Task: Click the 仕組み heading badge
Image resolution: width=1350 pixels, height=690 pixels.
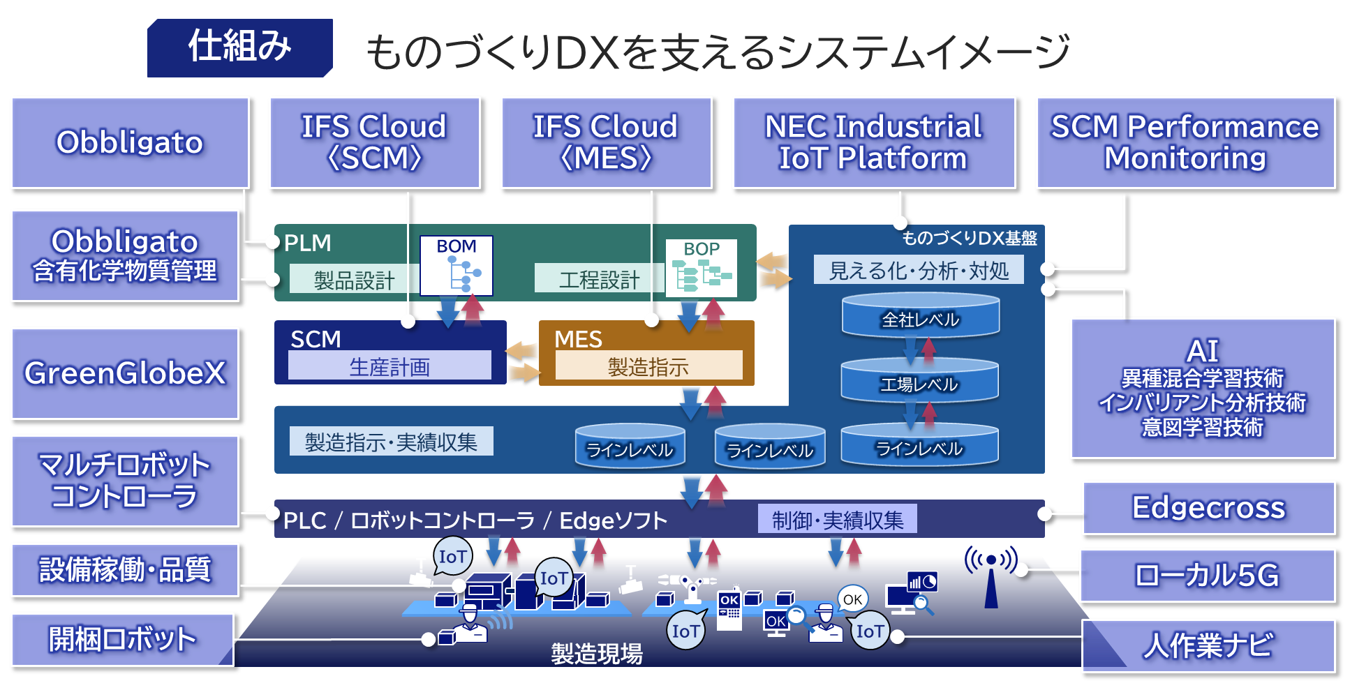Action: point(239,47)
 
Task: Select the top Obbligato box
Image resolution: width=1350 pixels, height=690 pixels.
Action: point(130,142)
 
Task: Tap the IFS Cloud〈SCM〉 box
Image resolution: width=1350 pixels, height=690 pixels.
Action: point(374,142)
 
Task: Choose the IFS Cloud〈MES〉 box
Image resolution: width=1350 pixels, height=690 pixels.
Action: point(606,142)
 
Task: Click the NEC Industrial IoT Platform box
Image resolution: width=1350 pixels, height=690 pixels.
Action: point(873,142)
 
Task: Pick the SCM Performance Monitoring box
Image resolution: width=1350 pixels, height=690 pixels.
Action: point(1185,142)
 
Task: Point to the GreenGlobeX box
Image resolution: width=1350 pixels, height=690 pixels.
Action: point(125,373)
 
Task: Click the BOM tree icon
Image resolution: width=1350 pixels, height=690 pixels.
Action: point(457,267)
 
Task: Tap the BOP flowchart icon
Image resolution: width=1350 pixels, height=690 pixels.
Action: point(701,269)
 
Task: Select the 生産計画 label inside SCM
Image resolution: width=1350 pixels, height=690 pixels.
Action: point(390,366)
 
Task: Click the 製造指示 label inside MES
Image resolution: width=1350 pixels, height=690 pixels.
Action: point(648,366)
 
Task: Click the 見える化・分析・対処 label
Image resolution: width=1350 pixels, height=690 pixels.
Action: point(919,270)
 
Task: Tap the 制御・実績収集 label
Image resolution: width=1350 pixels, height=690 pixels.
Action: point(838,520)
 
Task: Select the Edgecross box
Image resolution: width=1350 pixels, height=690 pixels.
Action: point(1208,508)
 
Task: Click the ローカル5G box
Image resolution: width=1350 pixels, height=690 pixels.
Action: point(1207,576)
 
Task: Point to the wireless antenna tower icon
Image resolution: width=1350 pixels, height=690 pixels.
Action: point(991,576)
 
